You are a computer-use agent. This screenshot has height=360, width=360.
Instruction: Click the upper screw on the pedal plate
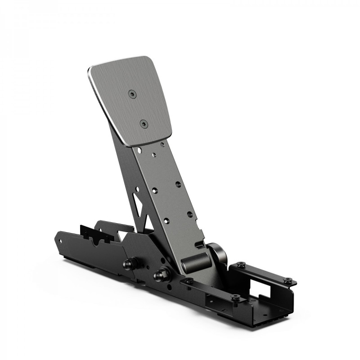131,94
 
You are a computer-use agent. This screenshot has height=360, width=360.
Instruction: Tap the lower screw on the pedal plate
143,123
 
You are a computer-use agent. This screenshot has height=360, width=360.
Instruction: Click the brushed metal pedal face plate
130,101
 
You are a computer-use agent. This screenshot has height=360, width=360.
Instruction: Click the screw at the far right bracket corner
288,280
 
